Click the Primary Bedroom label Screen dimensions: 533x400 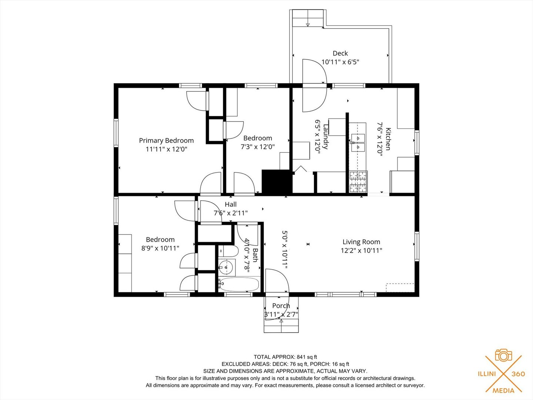pos(166,140)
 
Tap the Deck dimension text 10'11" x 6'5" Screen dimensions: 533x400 pos(340,62)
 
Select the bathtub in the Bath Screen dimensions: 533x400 pos(239,284)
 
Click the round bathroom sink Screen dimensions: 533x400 pos(226,267)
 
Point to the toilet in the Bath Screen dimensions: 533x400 pos(228,251)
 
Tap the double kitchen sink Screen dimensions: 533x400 pos(358,142)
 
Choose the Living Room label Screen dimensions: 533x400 pos(361,241)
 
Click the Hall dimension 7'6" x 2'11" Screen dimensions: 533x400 pos(231,213)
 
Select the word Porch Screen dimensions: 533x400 pos(281,306)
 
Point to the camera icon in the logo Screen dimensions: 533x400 pos(504,356)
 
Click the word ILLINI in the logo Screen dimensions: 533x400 pos(487,374)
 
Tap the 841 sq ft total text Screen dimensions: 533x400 pos(307,357)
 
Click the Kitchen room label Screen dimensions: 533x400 pos(388,139)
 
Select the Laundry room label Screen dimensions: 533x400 pos(326,137)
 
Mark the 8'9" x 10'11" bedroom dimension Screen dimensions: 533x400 pos(160,248)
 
